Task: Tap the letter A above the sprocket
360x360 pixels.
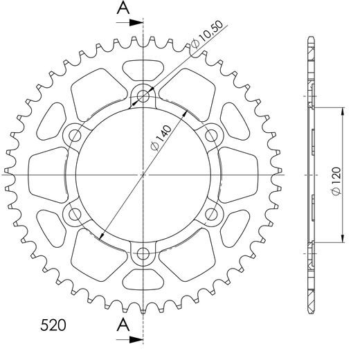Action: click(123, 8)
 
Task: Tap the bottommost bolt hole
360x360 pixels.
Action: click(143, 254)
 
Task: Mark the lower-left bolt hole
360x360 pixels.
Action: click(74, 214)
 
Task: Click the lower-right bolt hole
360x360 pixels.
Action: click(213, 214)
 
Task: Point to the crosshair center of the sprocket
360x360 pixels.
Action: click(143, 174)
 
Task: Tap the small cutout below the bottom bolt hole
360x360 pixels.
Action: click(143, 279)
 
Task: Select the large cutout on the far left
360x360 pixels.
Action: click(47, 174)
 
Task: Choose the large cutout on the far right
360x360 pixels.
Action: click(240, 174)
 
